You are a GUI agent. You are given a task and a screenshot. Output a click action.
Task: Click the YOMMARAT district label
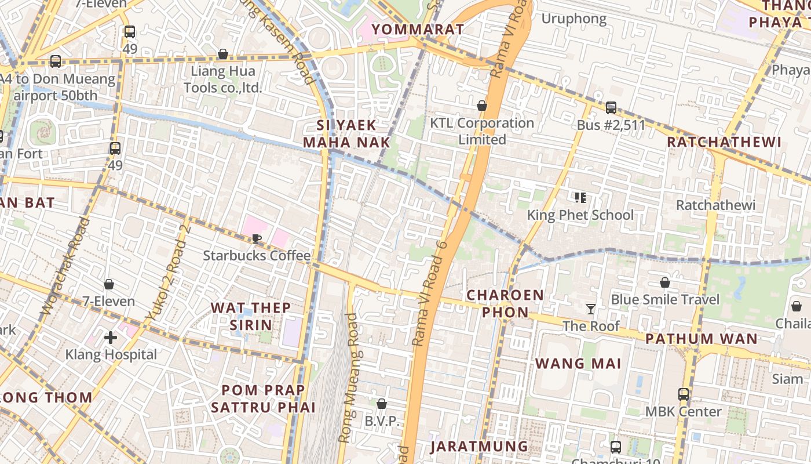[417, 29]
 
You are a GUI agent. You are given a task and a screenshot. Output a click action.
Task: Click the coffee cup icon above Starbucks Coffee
[257, 238]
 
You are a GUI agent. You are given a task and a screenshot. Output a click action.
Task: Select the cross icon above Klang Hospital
[111, 337]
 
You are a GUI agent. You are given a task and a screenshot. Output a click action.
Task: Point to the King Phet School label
[580, 215]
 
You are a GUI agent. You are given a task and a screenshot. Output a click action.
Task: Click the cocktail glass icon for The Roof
[590, 309]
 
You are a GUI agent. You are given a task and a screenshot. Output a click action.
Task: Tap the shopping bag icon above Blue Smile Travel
[665, 282]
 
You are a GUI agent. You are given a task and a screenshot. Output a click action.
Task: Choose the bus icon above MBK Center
[684, 394]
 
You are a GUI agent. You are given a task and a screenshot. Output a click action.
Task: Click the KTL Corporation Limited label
[482, 131]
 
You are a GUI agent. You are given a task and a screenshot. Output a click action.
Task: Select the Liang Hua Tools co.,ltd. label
[223, 80]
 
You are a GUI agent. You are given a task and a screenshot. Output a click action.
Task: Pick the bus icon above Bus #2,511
[611, 107]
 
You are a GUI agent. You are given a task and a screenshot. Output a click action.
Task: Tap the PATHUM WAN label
[701, 339]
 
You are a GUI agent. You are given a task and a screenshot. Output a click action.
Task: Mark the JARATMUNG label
[479, 447]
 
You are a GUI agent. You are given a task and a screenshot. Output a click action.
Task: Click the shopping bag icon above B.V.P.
[381, 404]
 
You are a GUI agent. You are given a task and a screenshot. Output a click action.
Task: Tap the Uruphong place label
[573, 19]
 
